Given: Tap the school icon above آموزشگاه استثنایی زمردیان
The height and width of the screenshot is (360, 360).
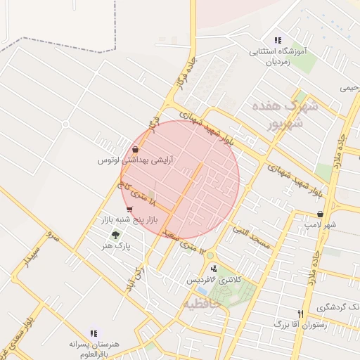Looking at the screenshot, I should click(x=278, y=41).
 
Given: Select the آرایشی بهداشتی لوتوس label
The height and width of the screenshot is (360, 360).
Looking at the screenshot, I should click(x=136, y=160).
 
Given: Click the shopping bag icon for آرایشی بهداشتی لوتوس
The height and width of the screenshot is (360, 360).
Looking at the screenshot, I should click(x=134, y=149).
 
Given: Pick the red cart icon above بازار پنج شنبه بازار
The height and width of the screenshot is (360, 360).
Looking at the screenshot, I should click(x=129, y=210).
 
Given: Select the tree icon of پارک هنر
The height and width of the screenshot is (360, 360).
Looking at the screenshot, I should click(x=115, y=235).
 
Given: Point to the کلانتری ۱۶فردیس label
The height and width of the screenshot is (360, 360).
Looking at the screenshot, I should click(x=214, y=279).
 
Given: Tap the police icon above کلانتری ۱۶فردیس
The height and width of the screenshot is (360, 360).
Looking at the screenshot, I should click(x=214, y=268).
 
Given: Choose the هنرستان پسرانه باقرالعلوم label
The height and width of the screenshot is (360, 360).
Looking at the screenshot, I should click(x=91, y=345).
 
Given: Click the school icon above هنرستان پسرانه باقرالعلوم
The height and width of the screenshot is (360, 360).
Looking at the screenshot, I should click(x=92, y=333).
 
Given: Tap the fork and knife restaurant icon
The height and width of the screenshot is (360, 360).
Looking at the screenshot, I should click(x=301, y=314).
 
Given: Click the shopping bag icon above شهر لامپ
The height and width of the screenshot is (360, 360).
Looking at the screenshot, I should click(x=321, y=214).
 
